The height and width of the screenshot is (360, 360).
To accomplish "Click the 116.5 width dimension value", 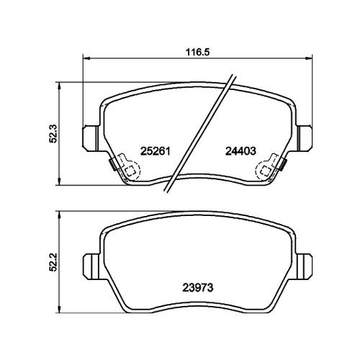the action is tap(197, 52).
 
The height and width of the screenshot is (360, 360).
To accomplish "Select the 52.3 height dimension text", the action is tap(53, 134).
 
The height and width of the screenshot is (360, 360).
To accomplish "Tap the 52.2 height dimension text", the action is tap(53, 262).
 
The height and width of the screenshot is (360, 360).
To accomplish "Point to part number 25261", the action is tap(156, 151).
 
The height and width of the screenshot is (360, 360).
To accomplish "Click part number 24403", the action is tap(240, 151).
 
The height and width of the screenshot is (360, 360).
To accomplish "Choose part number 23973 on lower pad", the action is tap(198, 287).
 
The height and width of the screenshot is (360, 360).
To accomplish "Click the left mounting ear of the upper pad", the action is tap(91, 138).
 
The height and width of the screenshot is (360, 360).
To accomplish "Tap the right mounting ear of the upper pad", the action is tap(305, 138).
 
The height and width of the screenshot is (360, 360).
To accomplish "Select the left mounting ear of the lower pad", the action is tap(91, 266).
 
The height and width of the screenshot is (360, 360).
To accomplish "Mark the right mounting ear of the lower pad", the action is tap(305, 266).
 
